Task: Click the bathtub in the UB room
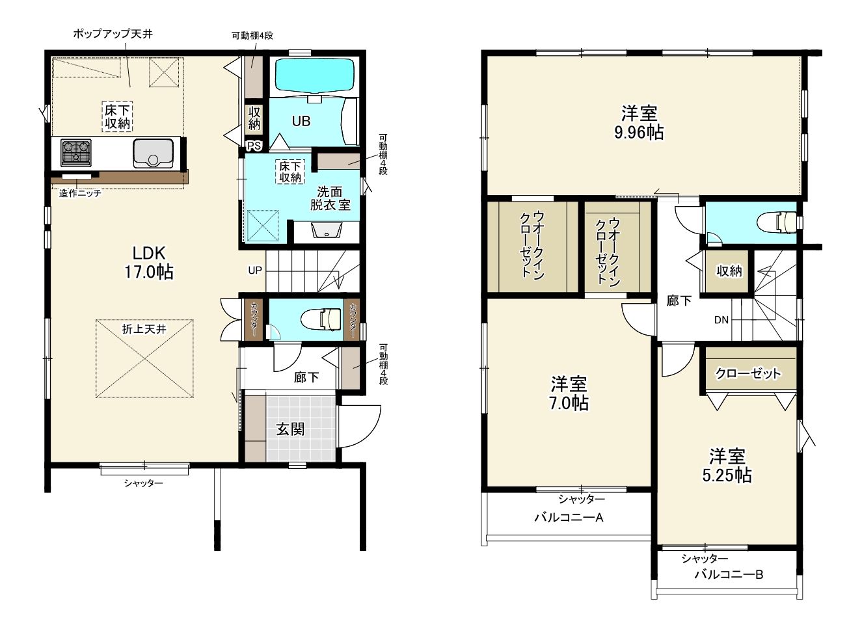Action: tap(314, 75)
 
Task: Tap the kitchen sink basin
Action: tap(153, 153)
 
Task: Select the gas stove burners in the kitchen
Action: tap(76, 153)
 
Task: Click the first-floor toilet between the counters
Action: tap(321, 319)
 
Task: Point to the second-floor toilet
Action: tap(779, 222)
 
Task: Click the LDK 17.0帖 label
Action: tap(149, 262)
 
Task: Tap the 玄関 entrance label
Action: tap(291, 429)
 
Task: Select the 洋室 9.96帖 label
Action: tap(639, 122)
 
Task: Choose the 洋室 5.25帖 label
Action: tap(727, 466)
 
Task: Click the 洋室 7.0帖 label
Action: tap(569, 393)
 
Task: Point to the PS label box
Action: tap(254, 146)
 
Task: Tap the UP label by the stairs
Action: tap(255, 271)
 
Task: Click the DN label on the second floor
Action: tap(721, 319)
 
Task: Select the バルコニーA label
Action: tap(569, 518)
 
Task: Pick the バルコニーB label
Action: tap(729, 575)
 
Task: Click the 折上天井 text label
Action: tap(144, 329)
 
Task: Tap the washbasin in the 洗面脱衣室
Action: tap(327, 231)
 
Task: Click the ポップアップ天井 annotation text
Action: tap(113, 34)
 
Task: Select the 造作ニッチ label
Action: tap(80, 193)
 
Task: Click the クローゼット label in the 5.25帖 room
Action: tap(748, 373)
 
